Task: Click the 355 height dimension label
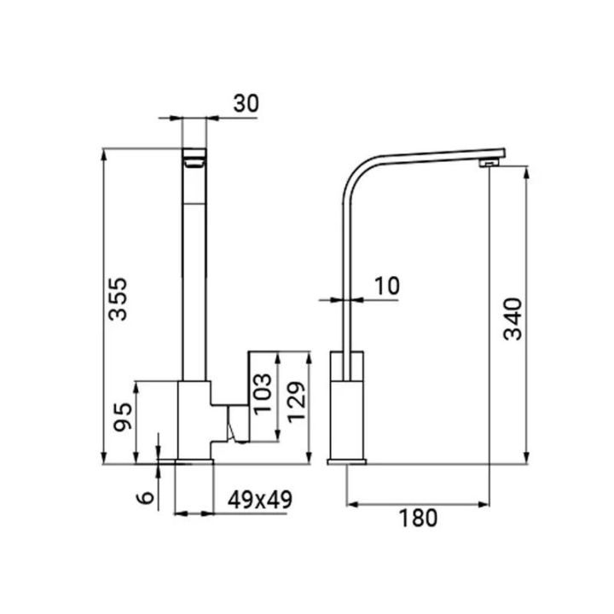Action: tap(119, 298)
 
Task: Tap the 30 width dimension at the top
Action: tap(246, 104)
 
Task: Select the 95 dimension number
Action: tap(123, 417)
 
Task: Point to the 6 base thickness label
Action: tap(145, 498)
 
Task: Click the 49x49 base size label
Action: tap(260, 500)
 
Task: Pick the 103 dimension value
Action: tap(263, 394)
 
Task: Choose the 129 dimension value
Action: tap(297, 402)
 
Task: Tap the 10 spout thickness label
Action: tap(387, 286)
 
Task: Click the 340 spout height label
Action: tap(513, 319)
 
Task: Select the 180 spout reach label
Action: tap(418, 518)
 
